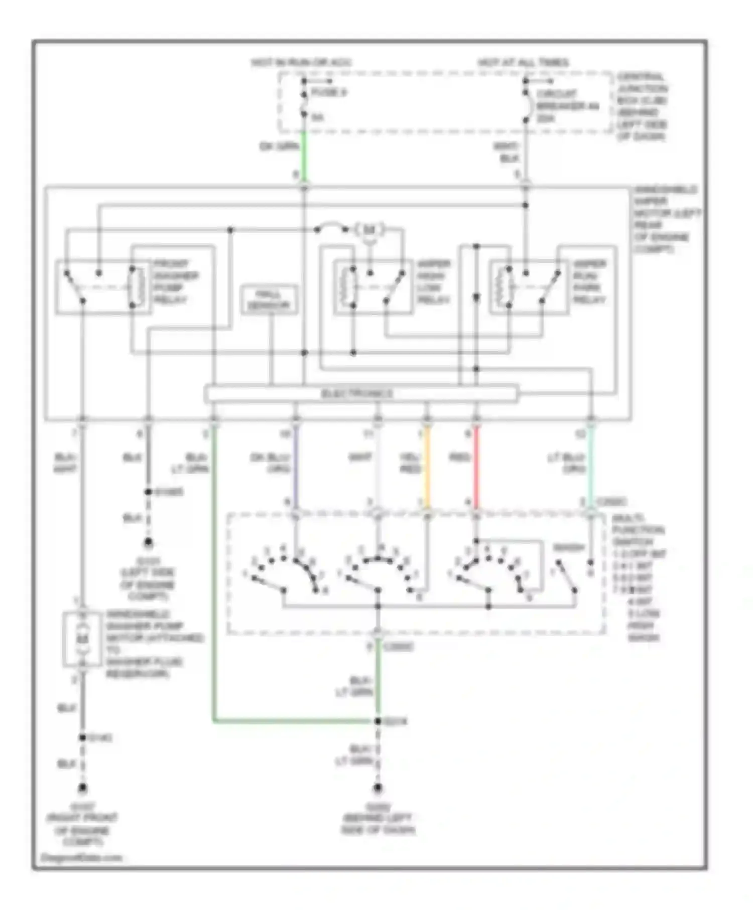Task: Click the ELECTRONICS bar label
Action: tap(357, 394)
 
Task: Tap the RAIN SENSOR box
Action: tap(269, 300)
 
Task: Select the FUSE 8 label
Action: tap(329, 93)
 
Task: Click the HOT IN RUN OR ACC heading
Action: tap(301, 63)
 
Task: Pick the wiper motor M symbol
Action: tap(369, 230)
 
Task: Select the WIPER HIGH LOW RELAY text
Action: tap(433, 281)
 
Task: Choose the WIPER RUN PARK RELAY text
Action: tap(589, 281)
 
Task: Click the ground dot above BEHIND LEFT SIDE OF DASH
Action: tap(378, 788)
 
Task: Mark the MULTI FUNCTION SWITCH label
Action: tap(638, 530)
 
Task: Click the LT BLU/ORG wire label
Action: tap(566, 463)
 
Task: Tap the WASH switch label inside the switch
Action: tap(569, 548)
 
